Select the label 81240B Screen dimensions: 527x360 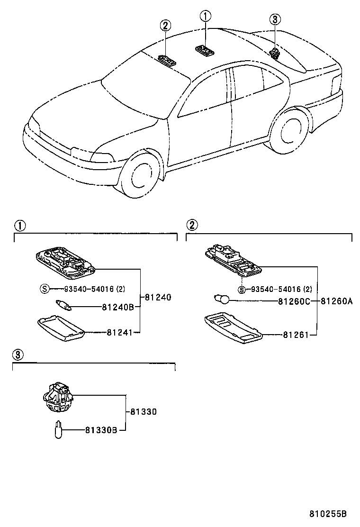tap(118, 307)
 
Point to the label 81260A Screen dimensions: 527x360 tap(337, 300)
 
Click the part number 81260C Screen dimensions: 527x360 tap(294, 300)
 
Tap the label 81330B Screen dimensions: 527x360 tap(102, 430)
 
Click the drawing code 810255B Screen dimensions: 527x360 tap(328, 514)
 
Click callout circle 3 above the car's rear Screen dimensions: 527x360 tap(275, 19)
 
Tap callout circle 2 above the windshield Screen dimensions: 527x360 tap(165, 26)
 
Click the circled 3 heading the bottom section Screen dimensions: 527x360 tap(17, 354)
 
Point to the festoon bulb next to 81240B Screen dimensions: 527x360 tap(63, 306)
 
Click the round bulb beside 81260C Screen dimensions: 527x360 tap(221, 300)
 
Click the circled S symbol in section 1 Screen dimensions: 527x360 tap(44, 289)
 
